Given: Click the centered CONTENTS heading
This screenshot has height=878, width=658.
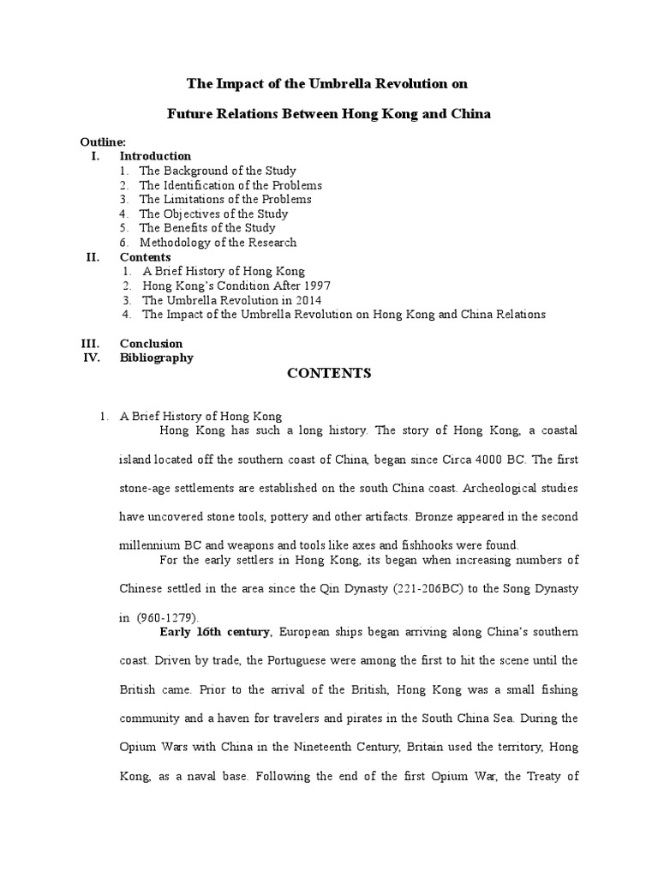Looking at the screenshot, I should [329, 373].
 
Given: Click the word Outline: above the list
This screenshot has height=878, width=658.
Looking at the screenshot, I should [103, 141].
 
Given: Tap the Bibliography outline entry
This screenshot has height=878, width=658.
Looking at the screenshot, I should [156, 358].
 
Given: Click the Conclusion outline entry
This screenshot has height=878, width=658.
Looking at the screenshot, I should [151, 344].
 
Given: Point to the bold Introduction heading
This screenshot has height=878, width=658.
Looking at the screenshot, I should [155, 156].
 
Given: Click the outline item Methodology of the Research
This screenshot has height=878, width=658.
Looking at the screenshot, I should [218, 243].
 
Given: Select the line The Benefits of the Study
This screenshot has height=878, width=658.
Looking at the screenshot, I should [207, 228].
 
